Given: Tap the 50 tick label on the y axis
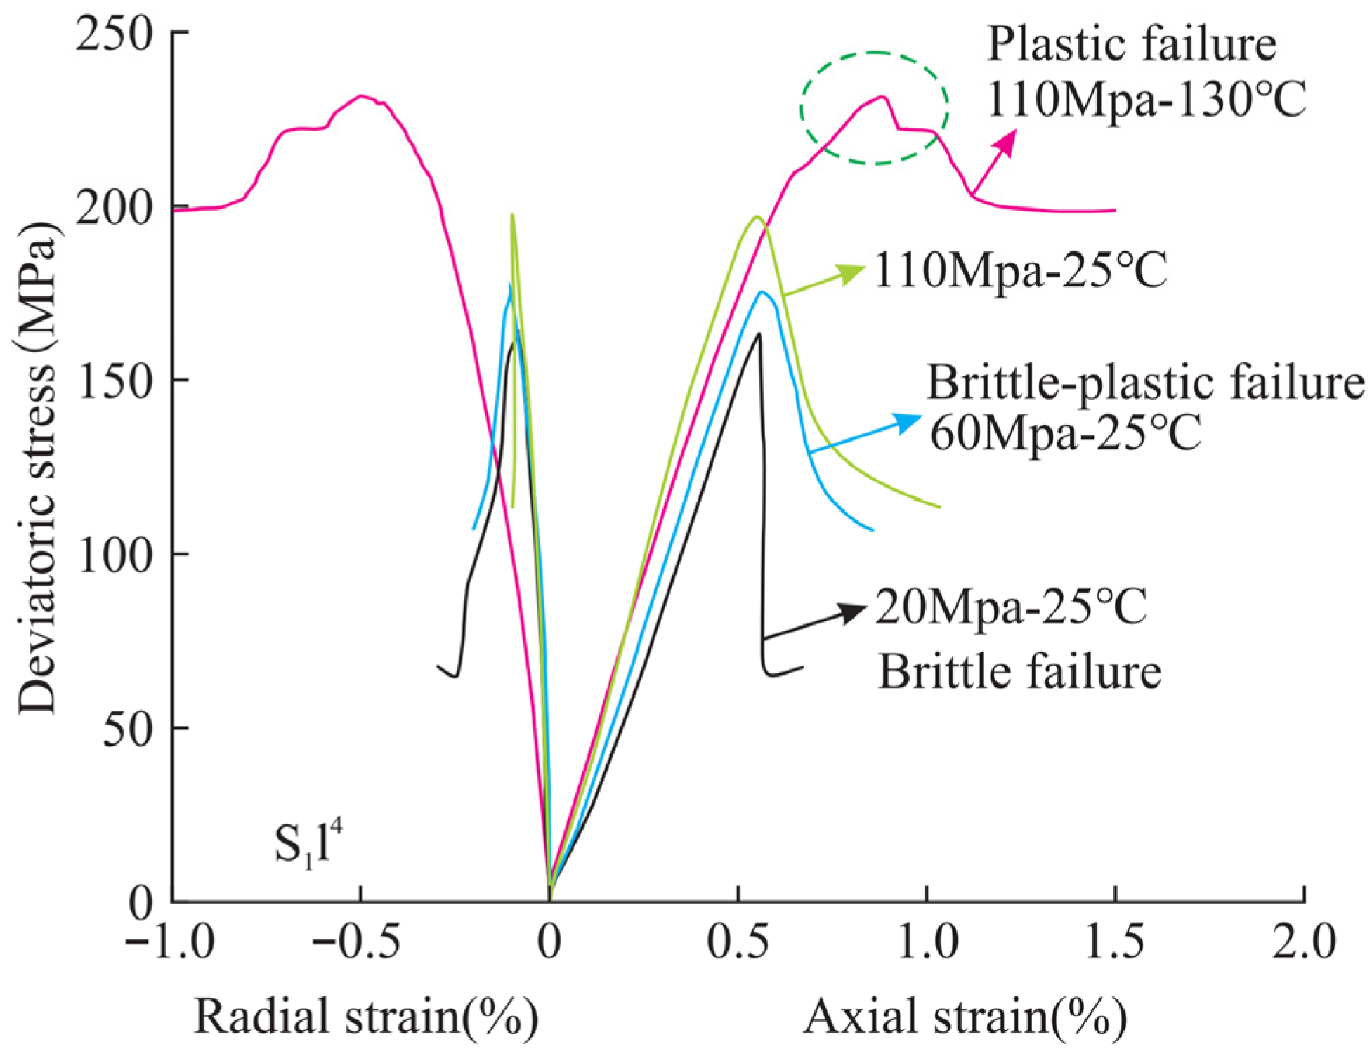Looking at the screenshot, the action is [x=129, y=730].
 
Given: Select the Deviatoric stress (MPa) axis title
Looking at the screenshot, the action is [x=37, y=467].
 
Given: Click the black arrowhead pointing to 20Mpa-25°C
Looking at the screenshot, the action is [x=853, y=612].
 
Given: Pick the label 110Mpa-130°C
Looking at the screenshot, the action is [x=1146, y=100].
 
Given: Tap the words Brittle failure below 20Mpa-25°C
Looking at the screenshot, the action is [x=1019, y=672].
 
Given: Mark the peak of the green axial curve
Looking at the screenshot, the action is [x=757, y=216].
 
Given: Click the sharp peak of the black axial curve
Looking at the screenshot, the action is [x=759, y=334].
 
